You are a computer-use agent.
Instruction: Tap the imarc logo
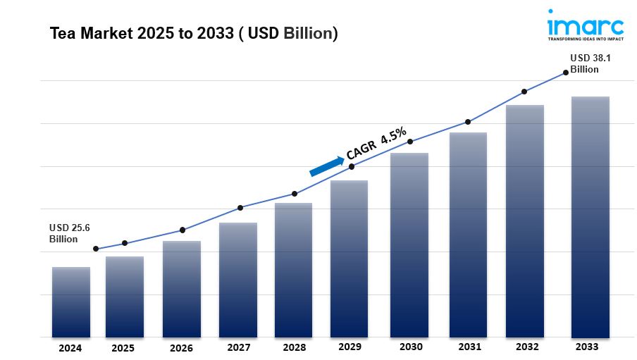585,26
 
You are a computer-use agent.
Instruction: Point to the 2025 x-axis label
124,347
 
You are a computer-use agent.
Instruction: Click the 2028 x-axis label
294,347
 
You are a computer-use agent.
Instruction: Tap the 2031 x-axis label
469,347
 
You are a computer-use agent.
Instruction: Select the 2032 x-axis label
527,347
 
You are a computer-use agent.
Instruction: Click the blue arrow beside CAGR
326,166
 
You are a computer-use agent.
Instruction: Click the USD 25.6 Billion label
69,233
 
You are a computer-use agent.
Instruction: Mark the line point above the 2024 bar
96,249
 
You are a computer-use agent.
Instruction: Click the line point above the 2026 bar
183,230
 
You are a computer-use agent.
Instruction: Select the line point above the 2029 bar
352,166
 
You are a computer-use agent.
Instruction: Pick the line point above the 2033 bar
565,72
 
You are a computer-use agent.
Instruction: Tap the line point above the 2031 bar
467,122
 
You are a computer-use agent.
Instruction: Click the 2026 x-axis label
181,347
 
